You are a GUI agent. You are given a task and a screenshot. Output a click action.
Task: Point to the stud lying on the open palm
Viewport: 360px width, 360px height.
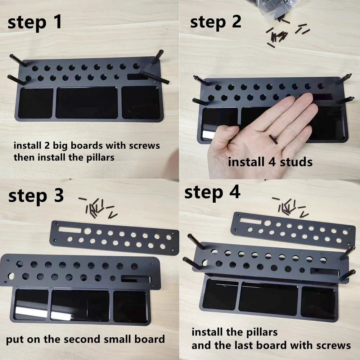click(x=273, y=139)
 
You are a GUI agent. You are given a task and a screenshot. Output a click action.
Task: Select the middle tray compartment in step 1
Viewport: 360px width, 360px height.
click(x=87, y=103)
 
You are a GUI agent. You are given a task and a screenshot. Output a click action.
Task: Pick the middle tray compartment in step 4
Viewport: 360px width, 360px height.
click(x=269, y=299)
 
